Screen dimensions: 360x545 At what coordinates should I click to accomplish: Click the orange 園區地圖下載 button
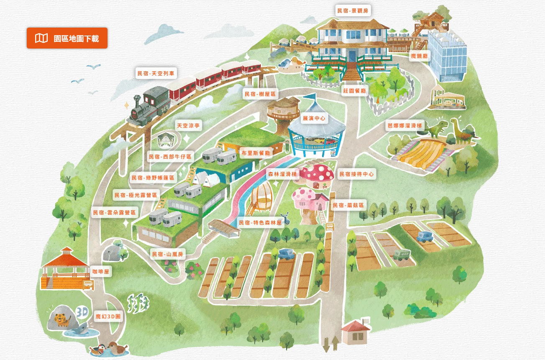pyautogui.click(x=67, y=38)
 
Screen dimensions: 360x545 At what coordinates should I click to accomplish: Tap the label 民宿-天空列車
pyautogui.click(x=156, y=73)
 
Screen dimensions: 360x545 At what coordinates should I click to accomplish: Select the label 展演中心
pyautogui.click(x=316, y=119)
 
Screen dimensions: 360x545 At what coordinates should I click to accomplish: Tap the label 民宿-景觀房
pyautogui.click(x=353, y=11)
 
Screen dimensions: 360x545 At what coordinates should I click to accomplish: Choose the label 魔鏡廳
pyautogui.click(x=419, y=56)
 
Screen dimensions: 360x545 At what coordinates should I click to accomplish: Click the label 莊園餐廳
pyautogui.click(x=354, y=90)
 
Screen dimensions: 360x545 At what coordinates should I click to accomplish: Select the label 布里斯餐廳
pyautogui.click(x=256, y=153)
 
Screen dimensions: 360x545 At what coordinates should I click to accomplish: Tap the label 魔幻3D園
pyautogui.click(x=107, y=317)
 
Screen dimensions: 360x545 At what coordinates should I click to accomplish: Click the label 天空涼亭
pyautogui.click(x=188, y=125)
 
